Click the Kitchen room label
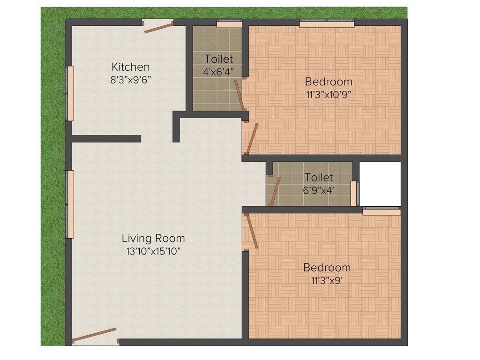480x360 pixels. [x=130, y=67]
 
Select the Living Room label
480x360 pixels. [x=153, y=238]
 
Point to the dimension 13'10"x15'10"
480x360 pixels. [x=153, y=251]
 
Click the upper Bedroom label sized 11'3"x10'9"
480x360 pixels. [x=328, y=82]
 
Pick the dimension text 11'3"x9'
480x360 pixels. [x=327, y=280]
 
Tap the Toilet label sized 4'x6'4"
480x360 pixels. [x=218, y=59]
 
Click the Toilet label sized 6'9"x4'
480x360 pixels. [x=319, y=178]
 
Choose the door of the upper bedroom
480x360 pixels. [x=252, y=138]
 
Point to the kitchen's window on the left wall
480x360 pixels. [x=70, y=93]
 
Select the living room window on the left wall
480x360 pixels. [x=70, y=204]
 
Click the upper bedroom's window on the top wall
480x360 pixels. [x=327, y=22]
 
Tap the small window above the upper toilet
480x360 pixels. [x=229, y=22]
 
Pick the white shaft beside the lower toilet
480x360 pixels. [x=380, y=183]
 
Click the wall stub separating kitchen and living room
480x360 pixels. [x=106, y=139]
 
